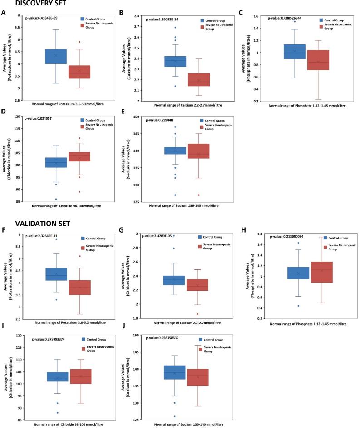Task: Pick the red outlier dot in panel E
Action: [x=198, y=195]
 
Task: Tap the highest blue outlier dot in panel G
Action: [x=173, y=235]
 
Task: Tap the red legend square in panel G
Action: [x=201, y=246]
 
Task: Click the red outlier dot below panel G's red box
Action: [x=197, y=314]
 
